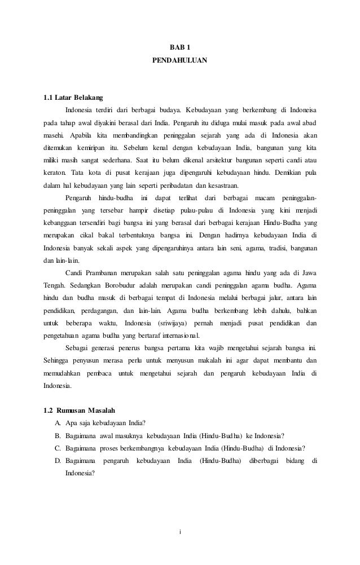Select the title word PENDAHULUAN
[180, 59]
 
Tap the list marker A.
[58, 422]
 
